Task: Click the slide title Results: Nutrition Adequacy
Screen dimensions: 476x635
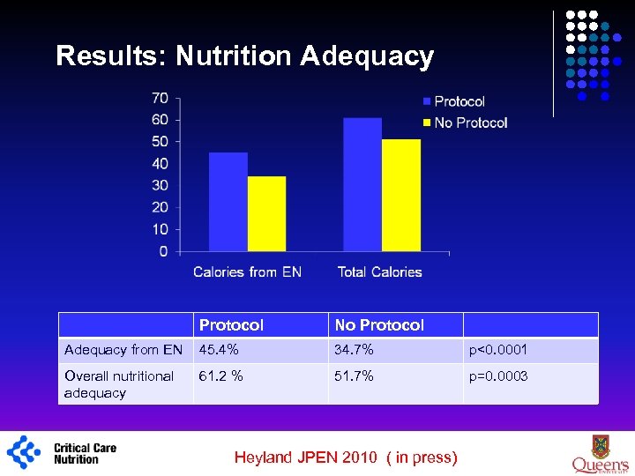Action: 244,56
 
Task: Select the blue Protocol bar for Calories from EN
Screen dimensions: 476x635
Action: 228,202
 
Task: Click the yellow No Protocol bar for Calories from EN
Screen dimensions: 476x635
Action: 266,213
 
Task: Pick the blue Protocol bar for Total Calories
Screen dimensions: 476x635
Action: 362,184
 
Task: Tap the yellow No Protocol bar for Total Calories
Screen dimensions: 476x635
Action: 400,195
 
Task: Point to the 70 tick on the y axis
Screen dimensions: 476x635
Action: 160,98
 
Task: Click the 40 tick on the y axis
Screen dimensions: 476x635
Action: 160,163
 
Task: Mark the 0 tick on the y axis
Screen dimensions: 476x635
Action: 163,251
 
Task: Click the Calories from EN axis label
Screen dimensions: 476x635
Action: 247,271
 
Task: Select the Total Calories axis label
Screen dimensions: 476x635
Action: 379,271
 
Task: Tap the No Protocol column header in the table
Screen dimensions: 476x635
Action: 379,325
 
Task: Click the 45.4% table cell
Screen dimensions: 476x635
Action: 218,350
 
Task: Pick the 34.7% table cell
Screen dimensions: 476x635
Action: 354,350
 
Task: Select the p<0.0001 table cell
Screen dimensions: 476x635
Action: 497,350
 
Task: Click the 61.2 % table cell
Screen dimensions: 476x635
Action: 221,376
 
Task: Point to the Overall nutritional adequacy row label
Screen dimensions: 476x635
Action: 119,384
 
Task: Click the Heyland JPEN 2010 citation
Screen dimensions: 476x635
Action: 346,457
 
